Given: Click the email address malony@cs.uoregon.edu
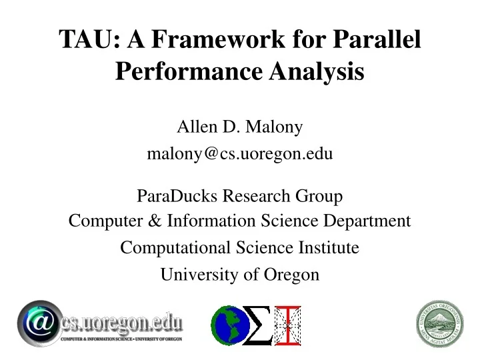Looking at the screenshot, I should (x=239, y=154).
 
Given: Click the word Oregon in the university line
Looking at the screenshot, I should (x=295, y=274).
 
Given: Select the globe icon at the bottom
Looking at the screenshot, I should (x=226, y=325).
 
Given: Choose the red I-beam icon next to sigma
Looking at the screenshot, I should (x=288, y=325).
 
